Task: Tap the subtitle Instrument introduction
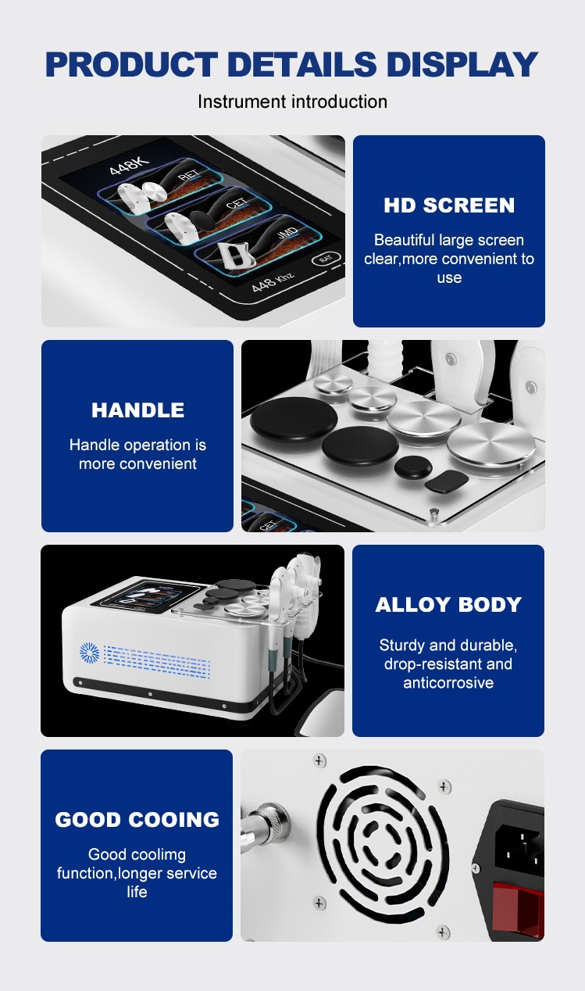coord(292,102)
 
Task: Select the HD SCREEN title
coord(449,206)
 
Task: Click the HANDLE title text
coord(137,410)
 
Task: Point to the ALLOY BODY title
coord(448,605)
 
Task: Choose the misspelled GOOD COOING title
coord(137,820)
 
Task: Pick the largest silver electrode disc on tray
coord(491,448)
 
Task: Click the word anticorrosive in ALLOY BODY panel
coord(448,683)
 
